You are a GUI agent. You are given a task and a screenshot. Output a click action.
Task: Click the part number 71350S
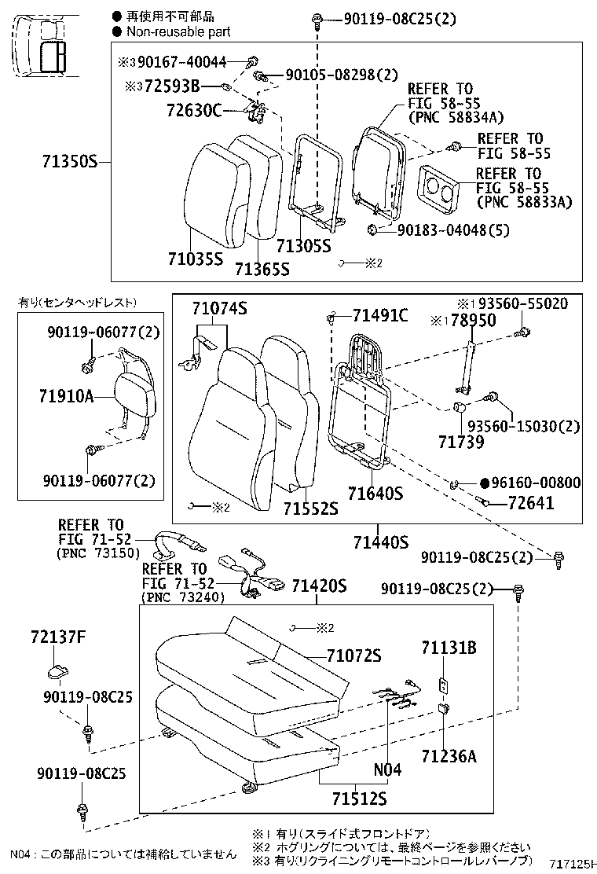pos(69,163)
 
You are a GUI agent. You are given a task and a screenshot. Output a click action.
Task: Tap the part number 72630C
pos(194,110)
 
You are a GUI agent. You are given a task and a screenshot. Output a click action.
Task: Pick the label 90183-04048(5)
pos(444,230)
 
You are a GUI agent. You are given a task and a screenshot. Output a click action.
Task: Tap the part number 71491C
pos(380,315)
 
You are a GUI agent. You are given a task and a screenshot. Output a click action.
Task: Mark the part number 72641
pos(531,503)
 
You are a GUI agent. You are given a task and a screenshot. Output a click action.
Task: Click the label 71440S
pos(380,542)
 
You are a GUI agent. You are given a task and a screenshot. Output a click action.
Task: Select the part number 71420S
pos(319,586)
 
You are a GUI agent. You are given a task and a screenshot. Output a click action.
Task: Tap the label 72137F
pos(58,637)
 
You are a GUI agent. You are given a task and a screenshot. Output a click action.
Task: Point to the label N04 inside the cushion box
pos(386,770)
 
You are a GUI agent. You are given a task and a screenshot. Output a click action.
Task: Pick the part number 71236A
pos(449,756)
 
